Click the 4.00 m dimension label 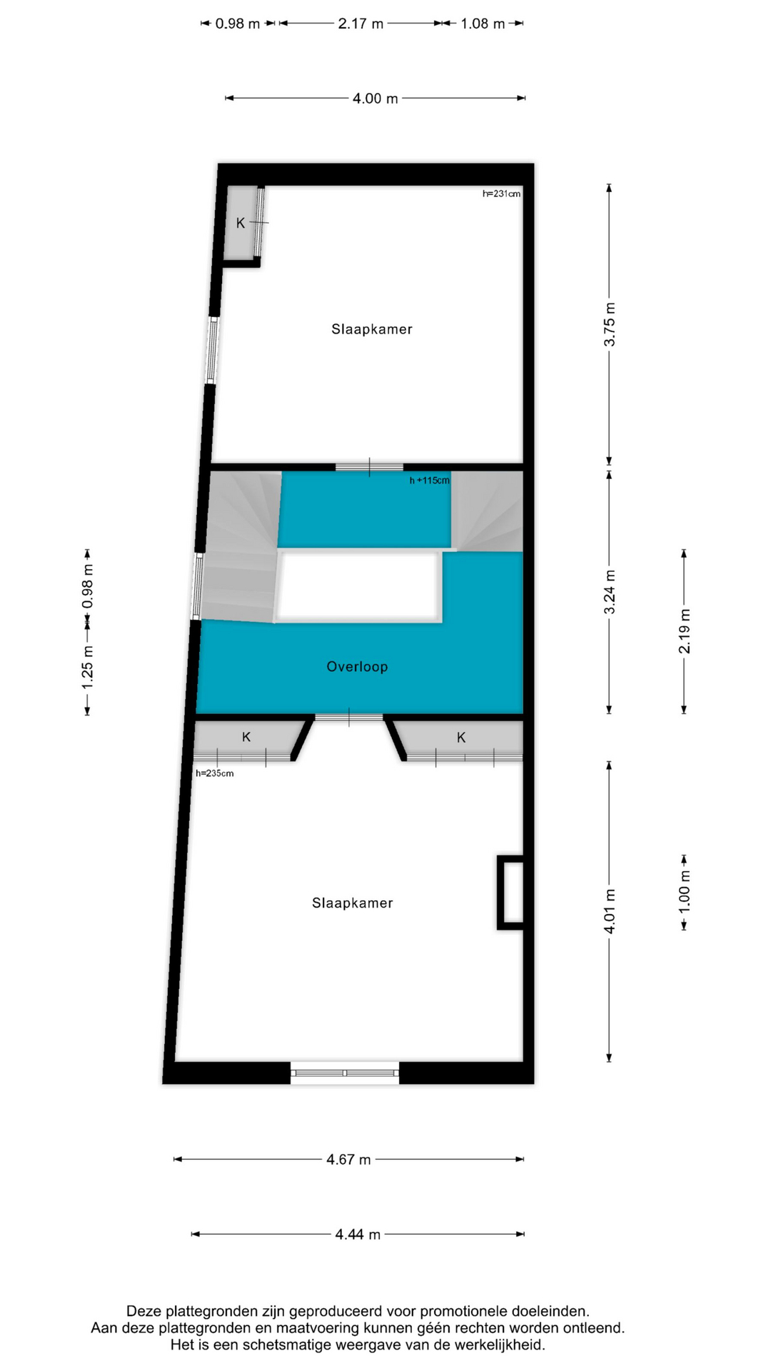[375, 99]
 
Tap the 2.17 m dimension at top [361, 24]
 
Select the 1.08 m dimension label [483, 24]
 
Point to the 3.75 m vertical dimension [610, 324]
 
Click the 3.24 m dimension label [610, 592]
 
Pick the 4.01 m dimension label [610, 911]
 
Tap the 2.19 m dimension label [685, 631]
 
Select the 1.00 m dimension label [685, 890]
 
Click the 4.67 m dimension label [348, 1160]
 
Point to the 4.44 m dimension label [358, 1235]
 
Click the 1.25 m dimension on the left [87, 667]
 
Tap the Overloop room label [357, 667]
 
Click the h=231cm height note [501, 194]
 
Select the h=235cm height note [215, 773]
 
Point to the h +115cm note [430, 481]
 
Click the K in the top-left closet [241, 224]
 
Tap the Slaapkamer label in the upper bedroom [372, 329]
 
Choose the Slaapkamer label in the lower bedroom [353, 903]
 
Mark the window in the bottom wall [345, 1073]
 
